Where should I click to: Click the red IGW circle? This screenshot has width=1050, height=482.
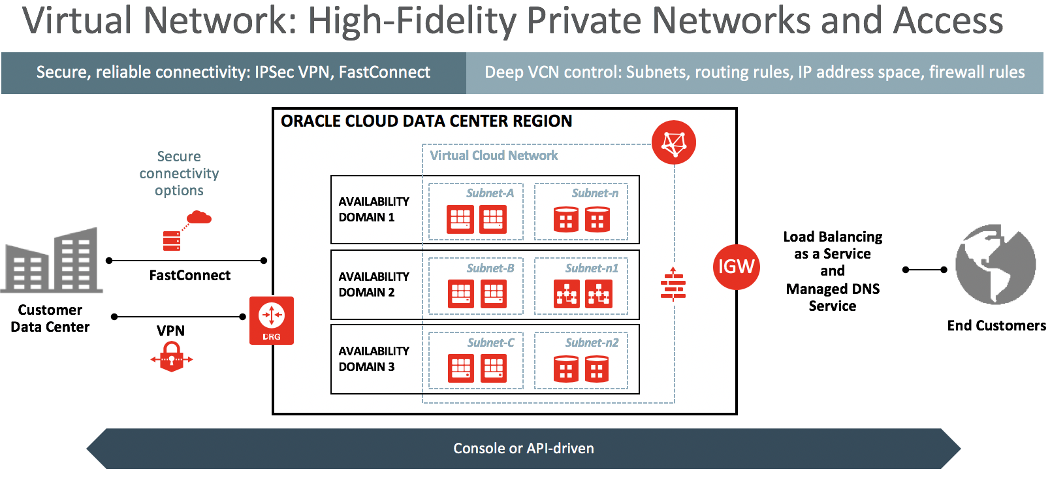[736, 266]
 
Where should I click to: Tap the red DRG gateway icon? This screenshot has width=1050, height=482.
[272, 320]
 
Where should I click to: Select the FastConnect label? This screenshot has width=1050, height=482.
[189, 276]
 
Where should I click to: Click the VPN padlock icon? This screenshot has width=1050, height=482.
[172, 357]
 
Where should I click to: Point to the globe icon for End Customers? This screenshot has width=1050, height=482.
[995, 265]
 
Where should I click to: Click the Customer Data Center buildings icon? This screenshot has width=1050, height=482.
[52, 261]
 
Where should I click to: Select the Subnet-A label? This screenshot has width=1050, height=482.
[490, 193]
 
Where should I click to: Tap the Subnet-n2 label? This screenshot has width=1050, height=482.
[592, 343]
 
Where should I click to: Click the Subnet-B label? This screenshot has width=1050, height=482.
[490, 268]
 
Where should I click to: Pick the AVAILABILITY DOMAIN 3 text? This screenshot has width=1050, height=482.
[374, 359]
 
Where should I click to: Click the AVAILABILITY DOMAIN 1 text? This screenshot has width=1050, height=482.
[374, 209]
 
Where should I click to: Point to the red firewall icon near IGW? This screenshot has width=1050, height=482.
[673, 284]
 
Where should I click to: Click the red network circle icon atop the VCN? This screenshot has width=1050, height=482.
[674, 142]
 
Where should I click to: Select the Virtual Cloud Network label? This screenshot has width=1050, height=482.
[494, 155]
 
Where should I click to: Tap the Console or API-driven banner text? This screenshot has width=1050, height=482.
[524, 449]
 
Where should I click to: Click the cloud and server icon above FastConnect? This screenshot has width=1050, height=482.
[186, 231]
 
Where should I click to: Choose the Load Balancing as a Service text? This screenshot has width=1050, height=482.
[833, 245]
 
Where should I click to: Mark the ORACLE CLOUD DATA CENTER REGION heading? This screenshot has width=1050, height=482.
[426, 121]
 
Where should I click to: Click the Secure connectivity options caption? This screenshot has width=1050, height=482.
[179, 174]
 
